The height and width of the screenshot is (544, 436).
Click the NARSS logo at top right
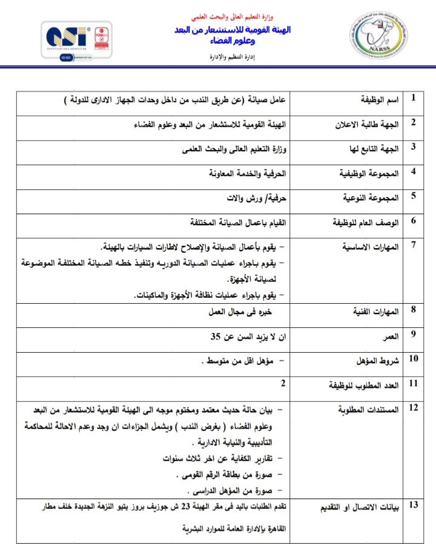tap(375, 38)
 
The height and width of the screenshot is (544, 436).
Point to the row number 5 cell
tap(414, 195)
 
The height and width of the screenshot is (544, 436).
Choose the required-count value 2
tap(283, 383)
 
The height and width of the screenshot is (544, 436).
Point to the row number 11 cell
tap(414, 383)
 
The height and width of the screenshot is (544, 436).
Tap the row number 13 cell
tap(414, 505)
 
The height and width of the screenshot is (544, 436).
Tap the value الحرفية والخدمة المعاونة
tap(245, 173)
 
